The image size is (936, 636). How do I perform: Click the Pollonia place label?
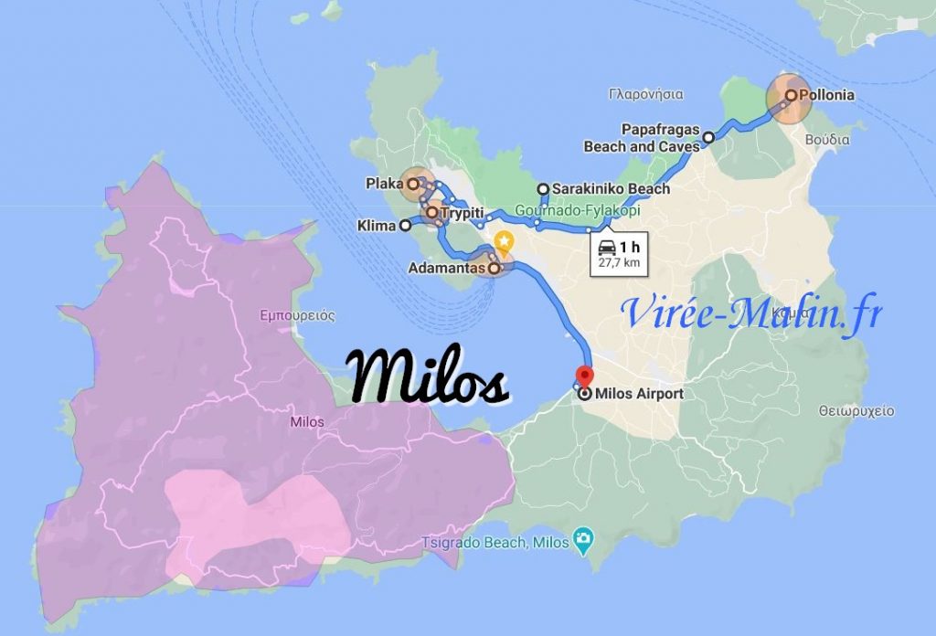tap(827, 94)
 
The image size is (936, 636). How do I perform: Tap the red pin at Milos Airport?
tap(583, 375)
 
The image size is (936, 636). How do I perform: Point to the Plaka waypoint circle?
tap(412, 184)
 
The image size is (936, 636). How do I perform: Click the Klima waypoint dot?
tap(405, 227)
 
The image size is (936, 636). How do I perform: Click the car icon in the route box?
tap(606, 246)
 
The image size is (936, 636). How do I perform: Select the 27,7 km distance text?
tap(618, 263)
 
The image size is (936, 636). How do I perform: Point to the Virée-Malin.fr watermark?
tap(751, 313)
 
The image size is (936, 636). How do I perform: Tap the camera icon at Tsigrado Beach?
tap(580, 539)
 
